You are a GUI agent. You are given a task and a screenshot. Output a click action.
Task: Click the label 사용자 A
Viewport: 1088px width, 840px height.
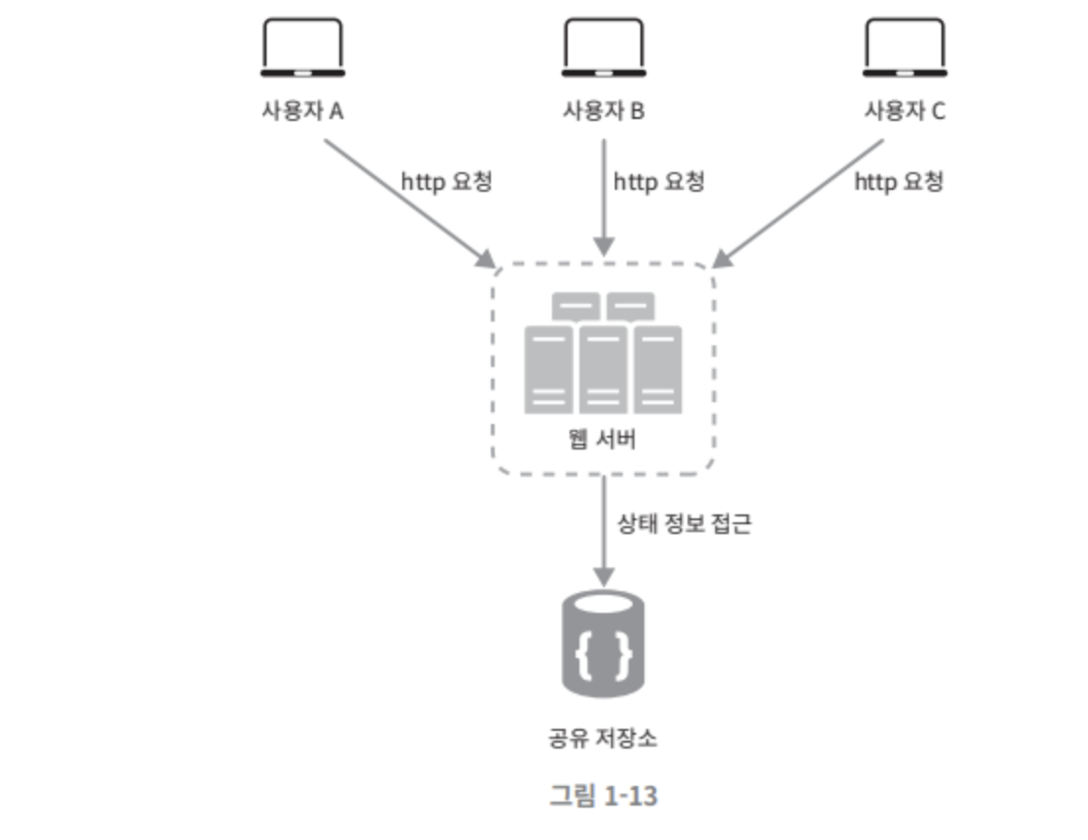click(x=302, y=111)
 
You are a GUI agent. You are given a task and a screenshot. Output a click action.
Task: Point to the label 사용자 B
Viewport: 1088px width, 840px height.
click(x=603, y=111)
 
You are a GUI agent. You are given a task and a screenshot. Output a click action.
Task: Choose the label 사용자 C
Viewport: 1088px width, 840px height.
click(x=904, y=111)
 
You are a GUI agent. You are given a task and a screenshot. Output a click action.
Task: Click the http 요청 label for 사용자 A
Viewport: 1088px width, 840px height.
click(x=446, y=182)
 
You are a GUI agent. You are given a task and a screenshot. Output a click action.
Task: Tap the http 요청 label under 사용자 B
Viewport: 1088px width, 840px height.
click(x=658, y=182)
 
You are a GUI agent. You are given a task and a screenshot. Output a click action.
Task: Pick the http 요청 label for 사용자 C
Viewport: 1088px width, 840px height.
click(x=898, y=182)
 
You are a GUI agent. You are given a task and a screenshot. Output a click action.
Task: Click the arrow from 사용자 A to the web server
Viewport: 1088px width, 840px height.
click(x=408, y=202)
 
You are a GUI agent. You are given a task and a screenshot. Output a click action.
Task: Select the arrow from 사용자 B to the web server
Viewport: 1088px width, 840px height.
click(x=603, y=197)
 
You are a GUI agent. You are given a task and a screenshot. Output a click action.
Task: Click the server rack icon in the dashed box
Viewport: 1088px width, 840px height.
click(x=603, y=354)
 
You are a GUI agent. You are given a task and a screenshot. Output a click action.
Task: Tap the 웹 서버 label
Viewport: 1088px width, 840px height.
click(x=603, y=439)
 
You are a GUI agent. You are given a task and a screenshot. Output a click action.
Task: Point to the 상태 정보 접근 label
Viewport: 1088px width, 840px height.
click(x=684, y=523)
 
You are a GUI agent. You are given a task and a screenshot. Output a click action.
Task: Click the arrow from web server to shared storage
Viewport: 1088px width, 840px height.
click(x=603, y=531)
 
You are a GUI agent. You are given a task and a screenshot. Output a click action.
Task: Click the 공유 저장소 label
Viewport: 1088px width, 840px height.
click(x=603, y=738)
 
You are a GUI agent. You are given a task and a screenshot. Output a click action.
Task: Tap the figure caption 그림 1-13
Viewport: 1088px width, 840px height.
click(x=603, y=795)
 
